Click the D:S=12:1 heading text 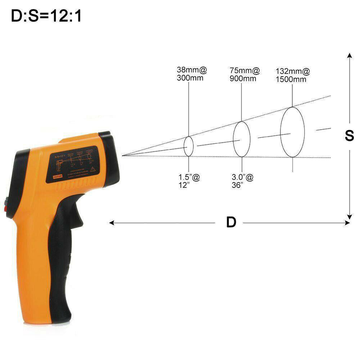click(x=46, y=16)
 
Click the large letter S click(x=349, y=136)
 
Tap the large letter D click(x=231, y=222)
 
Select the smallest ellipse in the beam click(x=189, y=146)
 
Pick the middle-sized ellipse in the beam click(x=242, y=139)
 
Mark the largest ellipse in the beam click(x=292, y=132)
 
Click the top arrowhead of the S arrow click(x=349, y=55)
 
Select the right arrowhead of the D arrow click(x=347, y=223)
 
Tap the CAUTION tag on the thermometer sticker click(x=58, y=176)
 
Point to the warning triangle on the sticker click(x=93, y=168)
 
